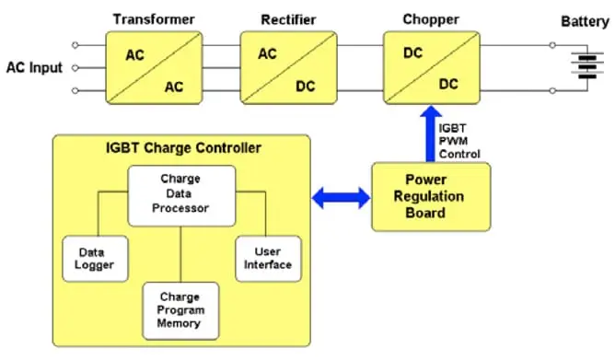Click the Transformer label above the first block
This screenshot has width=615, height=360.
(x=154, y=19)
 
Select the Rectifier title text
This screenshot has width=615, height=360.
(x=289, y=19)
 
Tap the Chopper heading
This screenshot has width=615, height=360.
(x=431, y=19)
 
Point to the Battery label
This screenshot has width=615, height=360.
(x=585, y=21)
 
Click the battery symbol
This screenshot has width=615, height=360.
(x=587, y=65)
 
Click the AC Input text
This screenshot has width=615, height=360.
(x=34, y=67)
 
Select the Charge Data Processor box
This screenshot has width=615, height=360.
(x=181, y=196)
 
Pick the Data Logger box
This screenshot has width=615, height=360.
(x=95, y=259)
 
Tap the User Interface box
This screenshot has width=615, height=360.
(x=268, y=259)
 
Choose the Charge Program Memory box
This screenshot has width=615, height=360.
(x=180, y=310)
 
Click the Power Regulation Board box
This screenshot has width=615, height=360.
(x=431, y=196)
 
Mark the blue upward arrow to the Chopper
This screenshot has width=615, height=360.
(x=431, y=134)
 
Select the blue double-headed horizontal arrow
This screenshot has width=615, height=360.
(x=341, y=198)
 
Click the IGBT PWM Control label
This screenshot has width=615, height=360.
(x=458, y=141)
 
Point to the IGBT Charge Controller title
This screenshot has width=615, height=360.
(x=183, y=148)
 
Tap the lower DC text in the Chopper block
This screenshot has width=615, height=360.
(x=448, y=84)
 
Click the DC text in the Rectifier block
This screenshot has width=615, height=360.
(x=305, y=87)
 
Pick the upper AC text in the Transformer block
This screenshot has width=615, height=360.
(x=135, y=55)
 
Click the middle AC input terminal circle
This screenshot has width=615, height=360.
(x=75, y=68)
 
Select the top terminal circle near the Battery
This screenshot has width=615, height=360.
(x=552, y=45)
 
